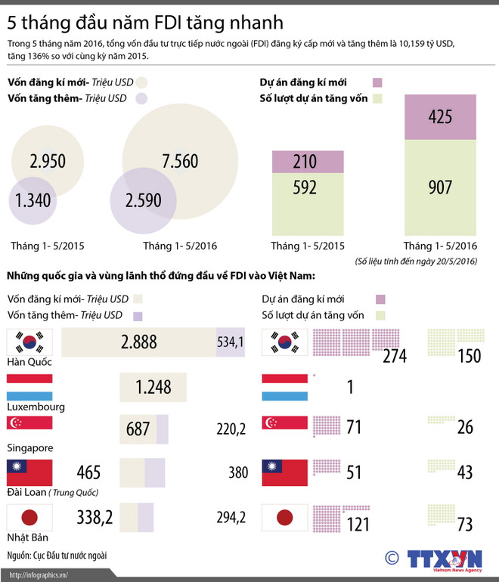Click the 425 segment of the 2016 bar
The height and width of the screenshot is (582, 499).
(440, 116)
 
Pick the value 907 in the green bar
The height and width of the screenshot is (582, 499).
(440, 186)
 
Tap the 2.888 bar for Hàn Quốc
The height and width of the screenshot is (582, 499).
(138, 342)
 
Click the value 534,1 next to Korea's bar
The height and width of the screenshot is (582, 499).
(231, 342)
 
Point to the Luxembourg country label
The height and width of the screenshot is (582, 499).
(35, 407)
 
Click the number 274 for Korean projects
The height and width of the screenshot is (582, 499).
(394, 356)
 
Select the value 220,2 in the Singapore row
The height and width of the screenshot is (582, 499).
(232, 430)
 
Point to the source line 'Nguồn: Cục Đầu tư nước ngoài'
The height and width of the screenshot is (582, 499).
(57, 556)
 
